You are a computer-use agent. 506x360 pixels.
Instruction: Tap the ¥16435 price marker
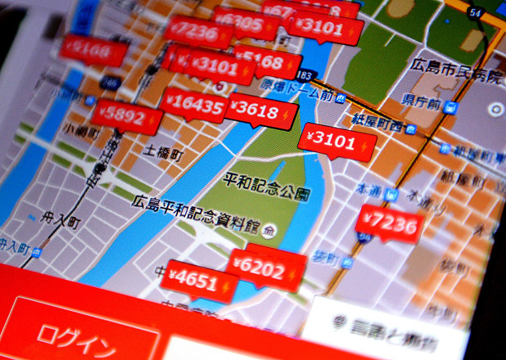(x=194, y=106)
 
